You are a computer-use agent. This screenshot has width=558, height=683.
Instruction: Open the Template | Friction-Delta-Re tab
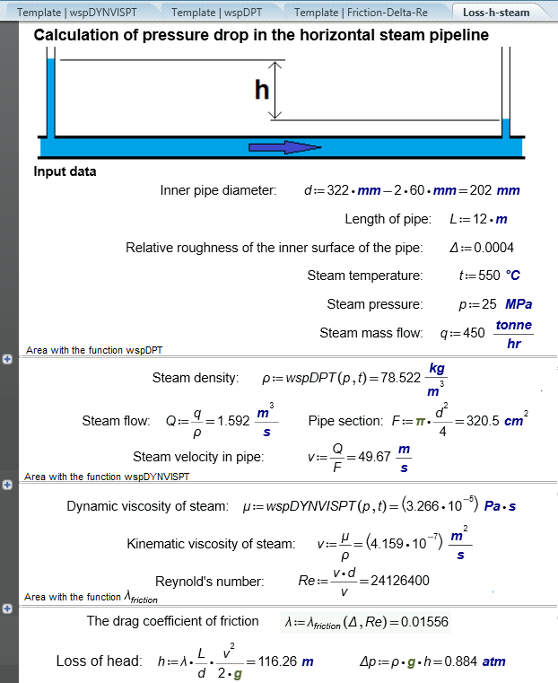(x=366, y=13)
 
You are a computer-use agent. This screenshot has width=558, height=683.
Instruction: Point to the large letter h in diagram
(x=262, y=89)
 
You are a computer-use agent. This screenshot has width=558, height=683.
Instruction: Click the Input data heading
(x=65, y=171)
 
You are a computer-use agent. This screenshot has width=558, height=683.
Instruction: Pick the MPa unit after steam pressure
(x=519, y=304)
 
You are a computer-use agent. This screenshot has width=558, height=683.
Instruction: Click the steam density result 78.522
(x=397, y=378)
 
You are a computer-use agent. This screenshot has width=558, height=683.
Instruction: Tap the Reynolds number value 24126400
(x=394, y=581)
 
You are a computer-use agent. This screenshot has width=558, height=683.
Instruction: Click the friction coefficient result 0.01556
(x=423, y=621)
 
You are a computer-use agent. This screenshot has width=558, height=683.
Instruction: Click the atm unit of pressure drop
(x=493, y=662)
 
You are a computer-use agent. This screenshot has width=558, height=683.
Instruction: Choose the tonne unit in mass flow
(x=513, y=325)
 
